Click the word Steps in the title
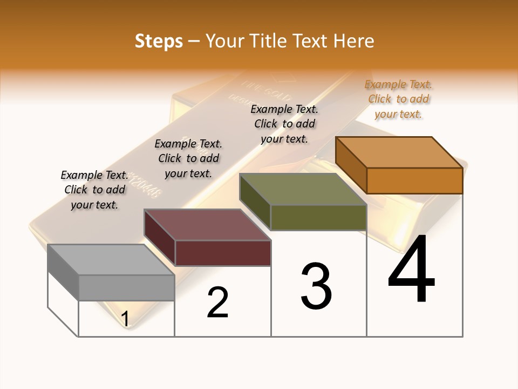point(159,41)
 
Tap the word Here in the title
point(354,41)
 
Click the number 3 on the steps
point(316,286)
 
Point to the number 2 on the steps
point(217,303)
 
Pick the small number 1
point(125,319)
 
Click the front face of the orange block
point(414,180)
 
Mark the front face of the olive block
point(318,217)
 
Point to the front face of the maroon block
point(222,253)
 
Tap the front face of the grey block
point(126,287)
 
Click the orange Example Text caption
point(398,99)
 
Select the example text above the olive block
point(284,124)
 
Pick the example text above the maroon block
point(188,158)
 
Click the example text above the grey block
point(94,190)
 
